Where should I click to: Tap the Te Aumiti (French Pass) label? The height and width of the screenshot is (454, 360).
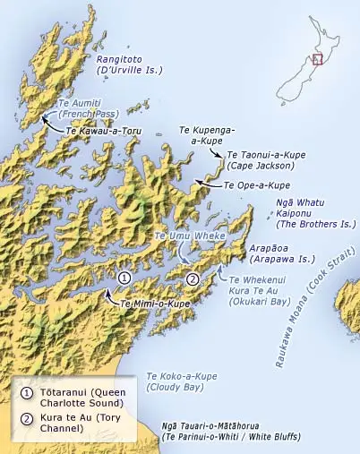coord(87,108)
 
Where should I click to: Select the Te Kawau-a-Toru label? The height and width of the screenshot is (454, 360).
coord(105,130)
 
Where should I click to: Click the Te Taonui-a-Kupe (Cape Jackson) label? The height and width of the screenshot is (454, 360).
coord(261,159)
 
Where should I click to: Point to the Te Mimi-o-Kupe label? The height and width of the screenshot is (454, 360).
coord(154,304)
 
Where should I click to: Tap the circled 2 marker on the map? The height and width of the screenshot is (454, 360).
coord(192,279)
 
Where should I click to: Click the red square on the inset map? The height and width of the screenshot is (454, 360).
coord(316,59)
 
